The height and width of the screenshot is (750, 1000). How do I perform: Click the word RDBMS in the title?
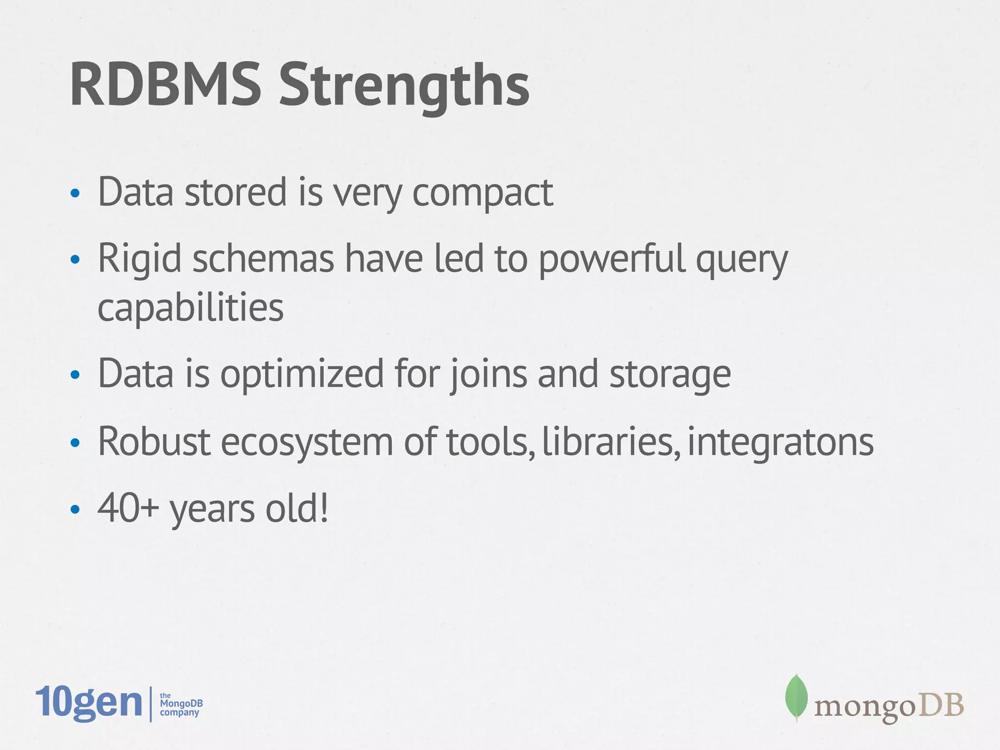[165, 85]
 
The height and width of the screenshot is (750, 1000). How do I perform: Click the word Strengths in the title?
[404, 87]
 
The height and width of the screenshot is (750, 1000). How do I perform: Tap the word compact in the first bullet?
[482, 193]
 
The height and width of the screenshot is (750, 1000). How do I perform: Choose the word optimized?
[302, 374]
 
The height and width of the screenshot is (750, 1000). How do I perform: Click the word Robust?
[154, 441]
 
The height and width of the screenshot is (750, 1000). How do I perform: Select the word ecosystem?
[307, 442]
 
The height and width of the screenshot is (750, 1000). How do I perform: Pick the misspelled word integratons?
[780, 442]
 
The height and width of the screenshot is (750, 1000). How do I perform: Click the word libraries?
[610, 441]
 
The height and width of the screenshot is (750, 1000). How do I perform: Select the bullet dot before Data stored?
[75, 194]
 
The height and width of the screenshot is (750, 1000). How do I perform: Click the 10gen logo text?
[88, 703]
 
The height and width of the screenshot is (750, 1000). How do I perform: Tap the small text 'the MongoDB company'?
[181, 704]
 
